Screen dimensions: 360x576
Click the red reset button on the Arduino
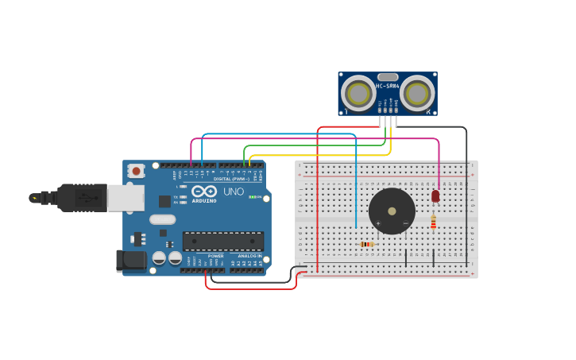click(136, 170)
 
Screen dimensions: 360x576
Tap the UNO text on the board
click(233, 192)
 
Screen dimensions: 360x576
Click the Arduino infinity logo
click(204, 192)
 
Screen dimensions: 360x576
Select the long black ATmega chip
click(222, 241)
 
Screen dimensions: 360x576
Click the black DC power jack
click(131, 260)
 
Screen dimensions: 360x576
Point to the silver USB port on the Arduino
click(126, 198)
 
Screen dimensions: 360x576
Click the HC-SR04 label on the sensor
click(387, 86)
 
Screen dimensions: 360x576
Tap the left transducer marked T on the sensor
click(358, 94)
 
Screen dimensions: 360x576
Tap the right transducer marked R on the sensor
click(416, 94)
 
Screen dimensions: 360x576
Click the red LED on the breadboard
click(435, 195)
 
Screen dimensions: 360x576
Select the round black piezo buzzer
click(392, 211)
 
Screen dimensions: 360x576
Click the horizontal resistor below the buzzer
click(366, 244)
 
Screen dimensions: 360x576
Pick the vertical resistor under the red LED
click(433, 222)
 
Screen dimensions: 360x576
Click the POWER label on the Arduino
click(215, 255)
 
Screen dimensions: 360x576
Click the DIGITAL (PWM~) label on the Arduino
click(231, 179)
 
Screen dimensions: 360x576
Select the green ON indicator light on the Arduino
click(252, 196)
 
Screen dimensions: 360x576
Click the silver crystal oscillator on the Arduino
click(162, 219)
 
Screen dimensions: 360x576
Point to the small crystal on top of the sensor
click(388, 77)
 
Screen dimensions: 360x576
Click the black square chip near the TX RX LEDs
click(164, 201)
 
